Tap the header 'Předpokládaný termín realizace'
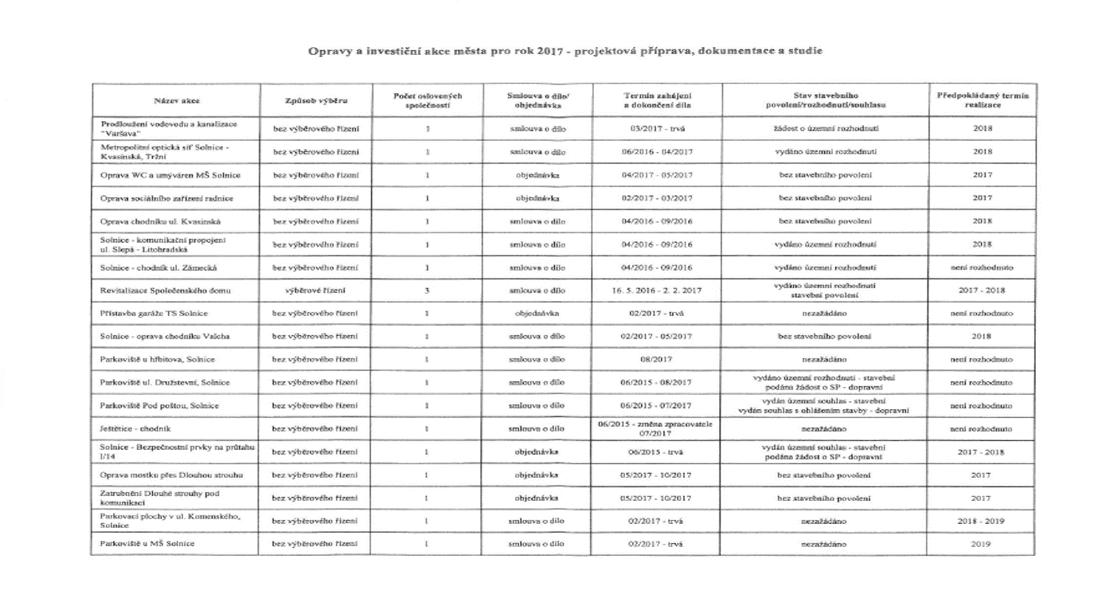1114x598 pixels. coord(983,101)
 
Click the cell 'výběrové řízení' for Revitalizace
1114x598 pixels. coord(316,291)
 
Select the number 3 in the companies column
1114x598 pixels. coord(428,291)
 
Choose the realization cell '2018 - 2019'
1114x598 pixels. coord(982,521)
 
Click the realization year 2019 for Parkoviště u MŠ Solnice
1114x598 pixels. coord(982,544)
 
